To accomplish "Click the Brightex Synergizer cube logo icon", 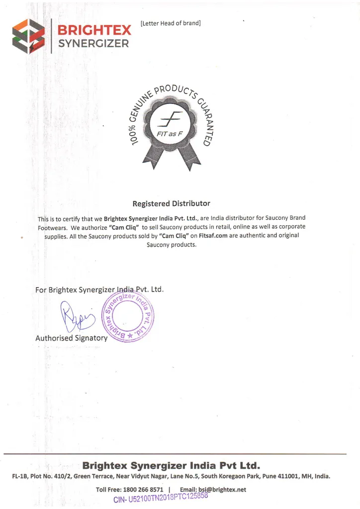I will pyautogui.click(x=28, y=36).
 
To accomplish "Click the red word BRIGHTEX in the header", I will pyautogui.click(x=93, y=30).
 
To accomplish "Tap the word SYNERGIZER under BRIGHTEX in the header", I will pyautogui.click(x=93, y=43).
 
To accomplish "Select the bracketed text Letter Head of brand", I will pyautogui.click(x=171, y=23).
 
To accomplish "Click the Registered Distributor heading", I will pyautogui.click(x=171, y=203).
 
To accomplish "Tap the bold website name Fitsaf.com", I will pyautogui.click(x=214, y=236).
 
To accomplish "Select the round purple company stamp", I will pyautogui.click(x=128, y=317).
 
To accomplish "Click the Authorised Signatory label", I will pyautogui.click(x=71, y=338).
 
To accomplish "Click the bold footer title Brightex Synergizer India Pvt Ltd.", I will pyautogui.click(x=171, y=466).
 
